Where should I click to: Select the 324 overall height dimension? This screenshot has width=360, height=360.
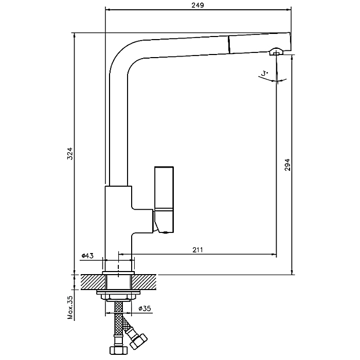(71, 153)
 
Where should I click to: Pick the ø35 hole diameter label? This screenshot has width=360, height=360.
(145, 309)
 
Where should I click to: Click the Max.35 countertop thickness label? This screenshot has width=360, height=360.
(71, 307)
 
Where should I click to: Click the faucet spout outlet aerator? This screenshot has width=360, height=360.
(276, 52)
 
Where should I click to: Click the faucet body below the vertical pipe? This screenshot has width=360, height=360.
(118, 221)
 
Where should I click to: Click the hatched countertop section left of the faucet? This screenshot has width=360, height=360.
(92, 281)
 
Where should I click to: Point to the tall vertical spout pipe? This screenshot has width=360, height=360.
(118, 129)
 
